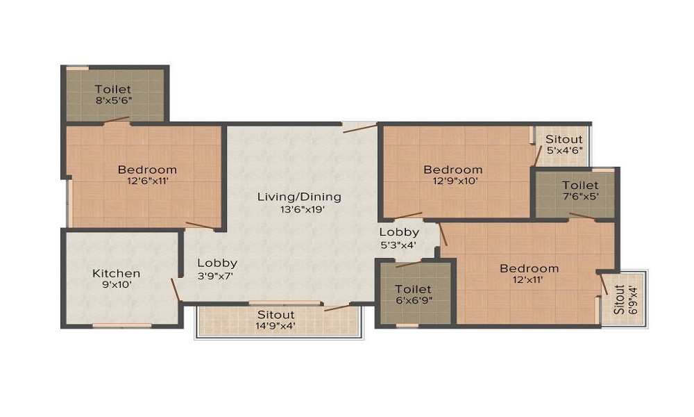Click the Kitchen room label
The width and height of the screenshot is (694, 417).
click(116, 273)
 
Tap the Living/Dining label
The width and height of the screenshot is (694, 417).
click(299, 196)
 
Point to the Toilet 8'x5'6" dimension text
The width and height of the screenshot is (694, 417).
click(114, 100)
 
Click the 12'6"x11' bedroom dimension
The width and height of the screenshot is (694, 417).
click(148, 181)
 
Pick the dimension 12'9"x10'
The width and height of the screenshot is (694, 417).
click(453, 181)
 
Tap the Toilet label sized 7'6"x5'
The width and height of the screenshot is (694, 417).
click(580, 185)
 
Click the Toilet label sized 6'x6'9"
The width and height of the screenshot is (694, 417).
click(413, 289)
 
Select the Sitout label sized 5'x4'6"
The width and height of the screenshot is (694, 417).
click(564, 139)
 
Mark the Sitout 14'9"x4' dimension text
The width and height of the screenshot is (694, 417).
click(276, 326)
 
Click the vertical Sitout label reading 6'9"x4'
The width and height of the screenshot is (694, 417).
click(620, 300)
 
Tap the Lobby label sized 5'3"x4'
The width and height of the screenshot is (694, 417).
click(399, 231)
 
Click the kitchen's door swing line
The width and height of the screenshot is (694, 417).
click(176, 290)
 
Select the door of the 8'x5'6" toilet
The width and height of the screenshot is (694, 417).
click(117, 120)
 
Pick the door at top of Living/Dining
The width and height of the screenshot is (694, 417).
click(359, 129)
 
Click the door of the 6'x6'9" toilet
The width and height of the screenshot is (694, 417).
click(409, 265)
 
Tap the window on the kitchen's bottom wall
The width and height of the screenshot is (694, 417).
click(121, 326)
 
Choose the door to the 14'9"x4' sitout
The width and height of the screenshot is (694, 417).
click(337, 308)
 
